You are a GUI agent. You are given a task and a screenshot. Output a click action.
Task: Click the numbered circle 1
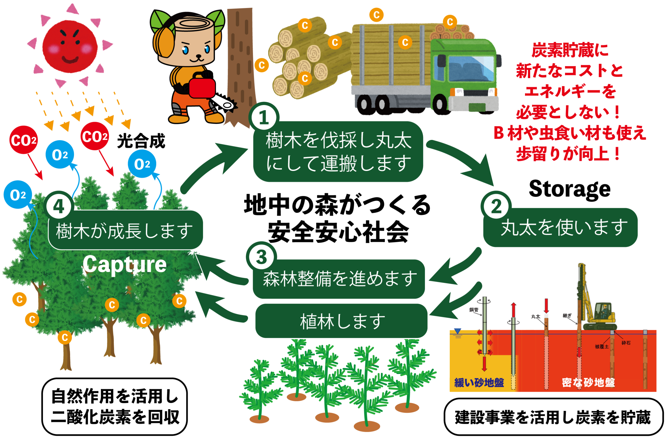point(263,117)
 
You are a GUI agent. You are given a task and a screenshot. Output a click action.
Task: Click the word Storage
point(570,189)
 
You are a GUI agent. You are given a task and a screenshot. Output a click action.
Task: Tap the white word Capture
point(125,265)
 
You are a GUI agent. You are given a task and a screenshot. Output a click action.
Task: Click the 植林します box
point(341,321)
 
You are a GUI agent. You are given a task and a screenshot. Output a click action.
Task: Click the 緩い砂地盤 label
point(479,383)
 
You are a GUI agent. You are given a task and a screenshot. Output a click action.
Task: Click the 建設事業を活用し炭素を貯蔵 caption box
point(553,417)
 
